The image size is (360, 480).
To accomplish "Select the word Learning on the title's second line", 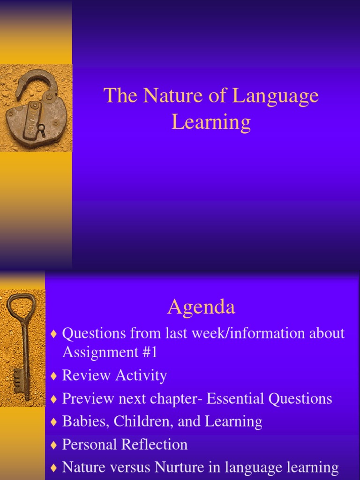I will (211, 122).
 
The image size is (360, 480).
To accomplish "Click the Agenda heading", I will (201, 307).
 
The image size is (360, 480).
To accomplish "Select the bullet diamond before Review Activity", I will (53, 376).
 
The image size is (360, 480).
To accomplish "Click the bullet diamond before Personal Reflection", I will (53, 445).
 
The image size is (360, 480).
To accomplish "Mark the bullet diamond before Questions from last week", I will (53, 334).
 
